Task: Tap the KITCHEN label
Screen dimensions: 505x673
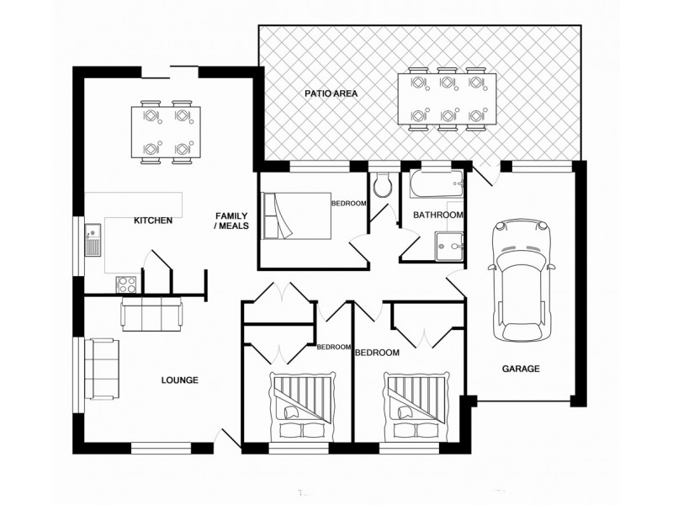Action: point(153,221)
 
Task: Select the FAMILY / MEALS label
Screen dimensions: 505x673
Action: point(231,221)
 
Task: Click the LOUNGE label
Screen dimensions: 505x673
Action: point(179,380)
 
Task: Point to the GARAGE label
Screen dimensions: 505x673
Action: point(521,369)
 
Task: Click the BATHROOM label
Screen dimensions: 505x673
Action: point(437,215)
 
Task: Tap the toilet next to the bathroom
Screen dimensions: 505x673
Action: point(383,185)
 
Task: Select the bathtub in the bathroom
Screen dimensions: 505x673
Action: point(437,185)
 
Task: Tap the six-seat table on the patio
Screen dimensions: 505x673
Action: point(446,99)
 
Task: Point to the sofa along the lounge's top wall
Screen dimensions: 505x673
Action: point(151,314)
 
